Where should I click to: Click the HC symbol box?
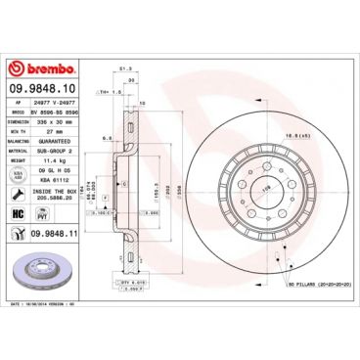[x=18, y=212]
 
